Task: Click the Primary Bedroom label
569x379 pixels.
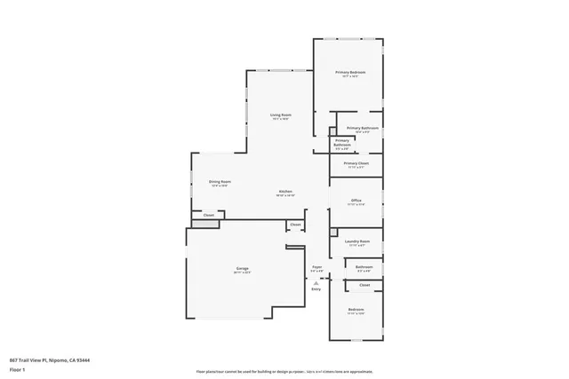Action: (350, 72)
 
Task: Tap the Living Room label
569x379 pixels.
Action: (281, 115)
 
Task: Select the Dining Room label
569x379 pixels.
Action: (220, 182)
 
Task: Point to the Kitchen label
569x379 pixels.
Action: (285, 192)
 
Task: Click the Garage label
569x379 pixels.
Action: (242, 267)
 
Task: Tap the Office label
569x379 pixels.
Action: (356, 201)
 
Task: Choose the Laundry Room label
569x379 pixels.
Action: (357, 241)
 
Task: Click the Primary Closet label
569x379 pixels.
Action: (357, 163)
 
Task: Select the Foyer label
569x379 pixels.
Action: (317, 266)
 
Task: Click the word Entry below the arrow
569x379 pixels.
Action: (316, 289)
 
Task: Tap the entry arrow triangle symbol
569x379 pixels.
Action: (316, 281)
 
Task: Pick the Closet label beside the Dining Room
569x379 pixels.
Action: (209, 215)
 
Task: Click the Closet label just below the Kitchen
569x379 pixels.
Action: (295, 225)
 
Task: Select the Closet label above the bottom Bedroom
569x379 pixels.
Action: (365, 285)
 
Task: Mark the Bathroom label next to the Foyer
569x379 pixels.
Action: (364, 266)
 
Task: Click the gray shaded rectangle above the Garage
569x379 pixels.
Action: (205, 225)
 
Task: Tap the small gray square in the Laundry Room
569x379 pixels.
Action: (333, 233)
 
